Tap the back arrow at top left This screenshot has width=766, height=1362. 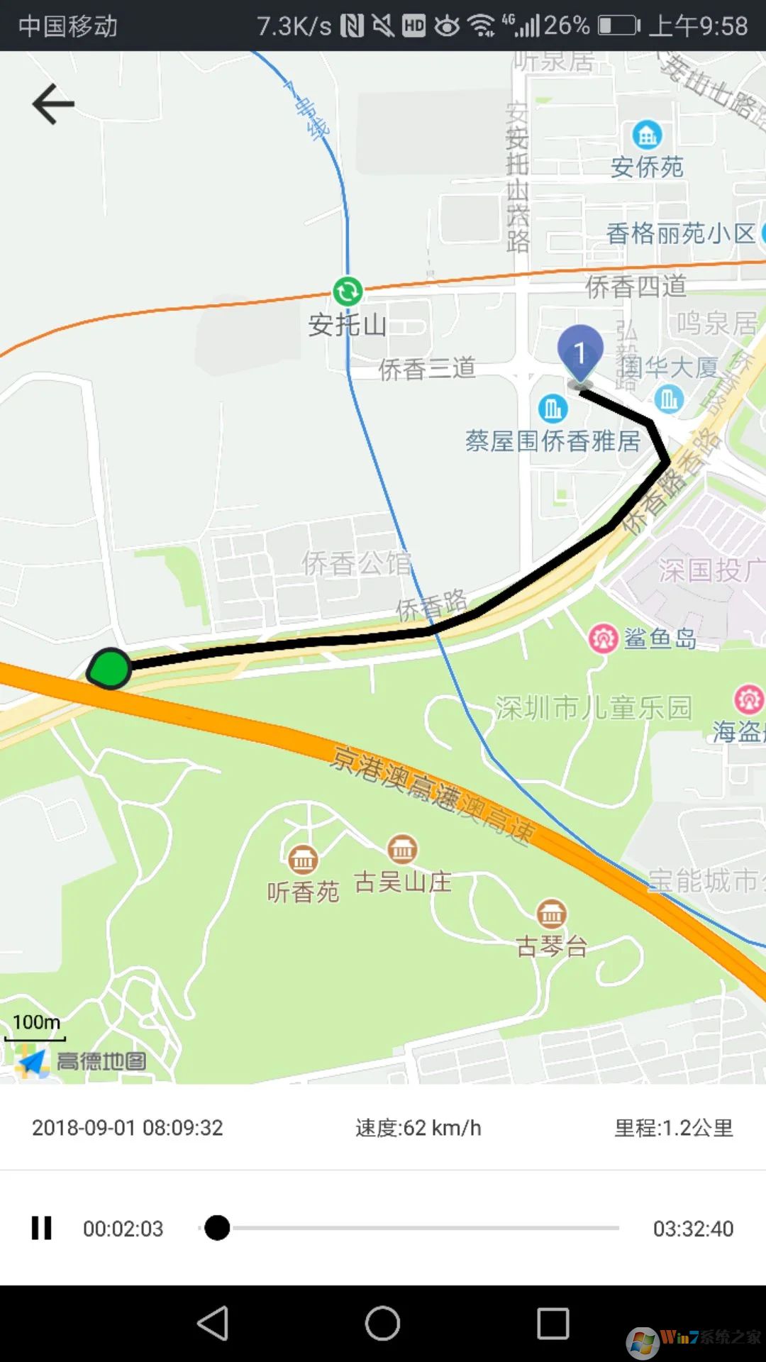tap(53, 104)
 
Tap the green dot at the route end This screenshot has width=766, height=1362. tap(110, 668)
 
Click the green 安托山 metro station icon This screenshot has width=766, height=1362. tap(348, 291)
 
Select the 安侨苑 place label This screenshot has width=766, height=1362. tap(647, 167)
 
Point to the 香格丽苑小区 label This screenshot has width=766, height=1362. tap(681, 233)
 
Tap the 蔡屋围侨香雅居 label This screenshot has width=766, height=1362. tap(553, 441)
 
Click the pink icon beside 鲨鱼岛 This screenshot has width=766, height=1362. tap(604, 638)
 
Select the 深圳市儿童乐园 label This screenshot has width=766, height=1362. tap(593, 708)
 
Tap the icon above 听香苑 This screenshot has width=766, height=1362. tap(303, 860)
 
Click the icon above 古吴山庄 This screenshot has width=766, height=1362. tap(402, 848)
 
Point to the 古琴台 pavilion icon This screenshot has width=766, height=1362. tap(551, 914)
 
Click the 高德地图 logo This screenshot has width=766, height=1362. tap(82, 1061)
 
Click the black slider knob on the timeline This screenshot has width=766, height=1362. tap(217, 1227)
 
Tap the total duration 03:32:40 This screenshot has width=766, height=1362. tap(693, 1229)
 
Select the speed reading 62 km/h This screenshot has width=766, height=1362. tap(418, 1128)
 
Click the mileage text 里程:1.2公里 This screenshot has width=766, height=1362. tap(673, 1128)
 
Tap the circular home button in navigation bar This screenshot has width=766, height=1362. tap(382, 1324)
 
